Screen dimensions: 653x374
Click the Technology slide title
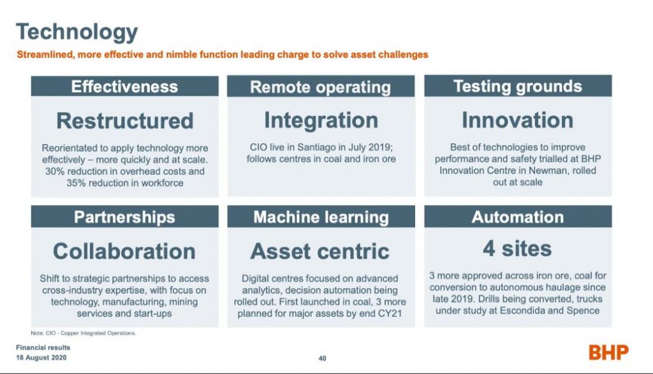pyautogui.click(x=77, y=32)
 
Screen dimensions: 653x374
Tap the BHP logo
pyautogui.click(x=608, y=353)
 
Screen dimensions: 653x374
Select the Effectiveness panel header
pyautogui.click(x=124, y=86)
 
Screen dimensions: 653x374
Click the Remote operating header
pyautogui.click(x=321, y=87)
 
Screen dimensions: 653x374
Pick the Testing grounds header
pyautogui.click(x=518, y=86)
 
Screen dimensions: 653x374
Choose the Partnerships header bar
pyautogui.click(x=124, y=217)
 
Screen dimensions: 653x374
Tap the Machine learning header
pyautogui.click(x=321, y=217)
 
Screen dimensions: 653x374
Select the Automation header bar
pyautogui.click(x=518, y=217)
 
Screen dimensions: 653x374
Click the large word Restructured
pyautogui.click(x=125, y=120)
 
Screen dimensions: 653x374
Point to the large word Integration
pyautogui.click(x=321, y=120)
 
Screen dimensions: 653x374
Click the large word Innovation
pyautogui.click(x=518, y=120)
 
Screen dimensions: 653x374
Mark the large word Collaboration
pyautogui.click(x=124, y=251)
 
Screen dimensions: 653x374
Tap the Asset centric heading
pyautogui.click(x=320, y=251)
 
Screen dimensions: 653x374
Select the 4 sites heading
pyautogui.click(x=517, y=248)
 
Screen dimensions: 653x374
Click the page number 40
pyautogui.click(x=322, y=358)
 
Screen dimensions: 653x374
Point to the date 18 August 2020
pyautogui.click(x=41, y=357)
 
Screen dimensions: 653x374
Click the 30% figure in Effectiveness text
pyautogui.click(x=55, y=171)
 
